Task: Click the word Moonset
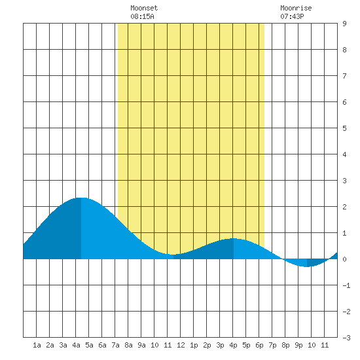tap(144, 8)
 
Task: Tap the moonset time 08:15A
tap(142, 16)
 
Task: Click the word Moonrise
tap(296, 8)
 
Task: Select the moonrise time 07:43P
tap(292, 16)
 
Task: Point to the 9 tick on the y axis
tap(344, 24)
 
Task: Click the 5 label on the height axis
tap(344, 128)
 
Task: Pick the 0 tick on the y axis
tap(344, 259)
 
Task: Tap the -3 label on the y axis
tap(346, 338)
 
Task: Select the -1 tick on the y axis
tap(346, 285)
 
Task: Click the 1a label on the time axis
tap(37, 345)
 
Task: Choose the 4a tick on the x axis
tap(76, 345)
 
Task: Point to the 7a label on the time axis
tap(115, 345)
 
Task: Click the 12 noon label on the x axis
tap(181, 345)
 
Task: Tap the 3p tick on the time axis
tap(220, 345)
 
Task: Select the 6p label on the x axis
tap(259, 345)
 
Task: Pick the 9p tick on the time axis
tap(298, 345)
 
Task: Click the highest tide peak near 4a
tap(81, 198)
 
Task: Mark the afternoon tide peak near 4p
tap(234, 238)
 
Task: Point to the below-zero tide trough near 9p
tap(307, 267)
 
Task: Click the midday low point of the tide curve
tap(173, 255)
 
